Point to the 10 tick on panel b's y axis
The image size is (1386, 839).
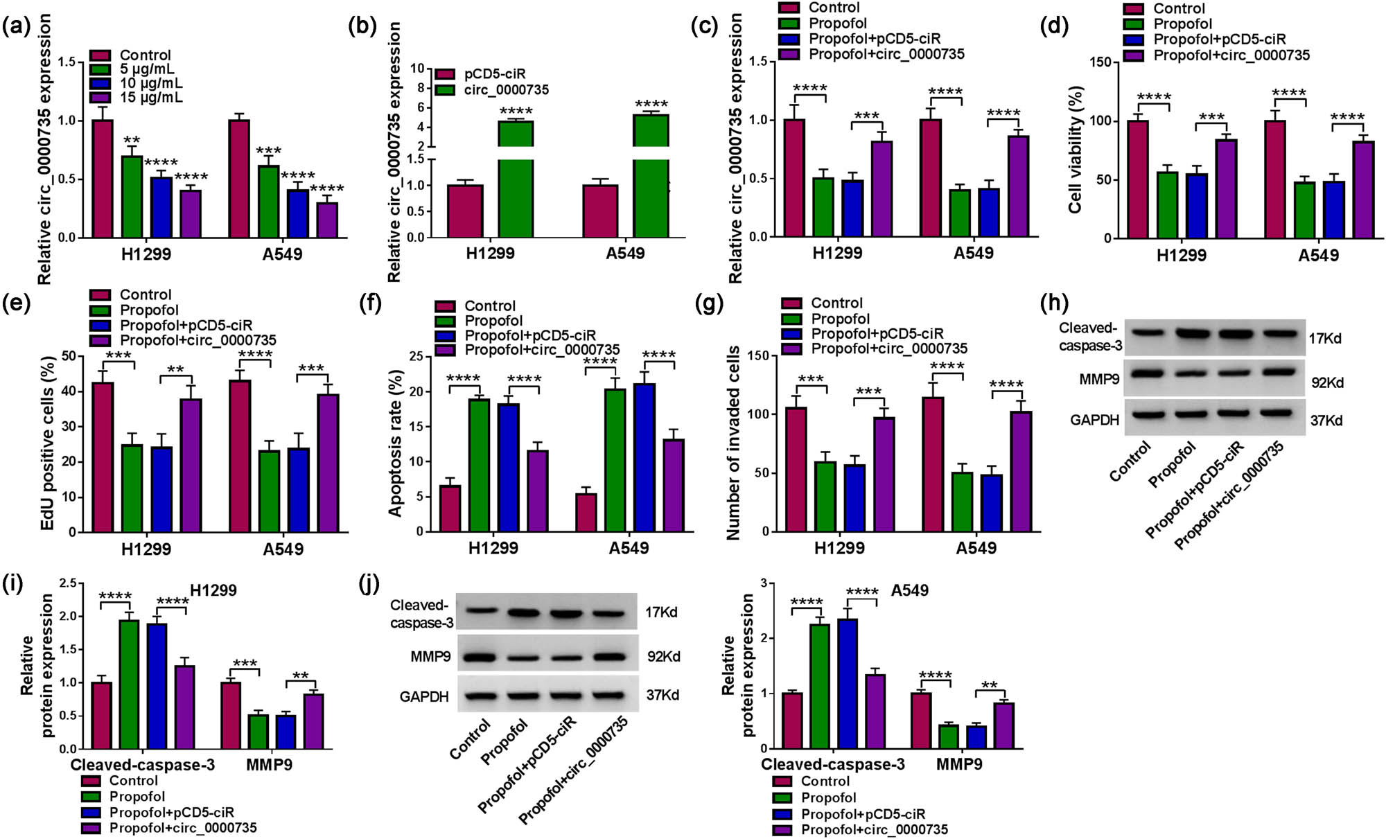click(417, 69)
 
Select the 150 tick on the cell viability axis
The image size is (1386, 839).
click(1101, 62)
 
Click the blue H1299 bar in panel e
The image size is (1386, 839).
click(161, 489)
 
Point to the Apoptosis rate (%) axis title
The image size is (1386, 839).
click(396, 443)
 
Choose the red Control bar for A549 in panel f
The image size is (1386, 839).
click(586, 512)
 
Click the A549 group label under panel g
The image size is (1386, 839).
click(976, 548)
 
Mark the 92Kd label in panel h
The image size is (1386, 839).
click(1326, 382)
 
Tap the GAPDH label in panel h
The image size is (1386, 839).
click(1094, 420)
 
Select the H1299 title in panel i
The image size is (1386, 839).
click(213, 590)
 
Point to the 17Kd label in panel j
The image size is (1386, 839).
click(661, 612)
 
